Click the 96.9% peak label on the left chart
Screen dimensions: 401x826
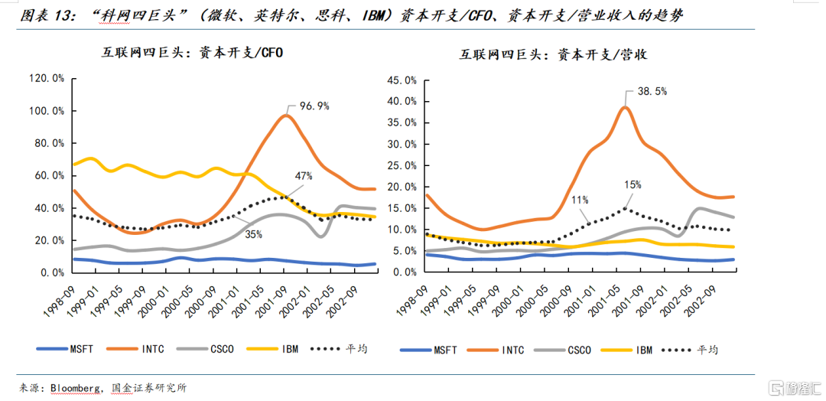(314, 106)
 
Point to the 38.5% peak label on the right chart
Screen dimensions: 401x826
(652, 91)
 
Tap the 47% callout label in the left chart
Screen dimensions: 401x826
(303, 176)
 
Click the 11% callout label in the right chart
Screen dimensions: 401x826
(580, 200)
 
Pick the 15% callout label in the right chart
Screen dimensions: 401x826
(632, 185)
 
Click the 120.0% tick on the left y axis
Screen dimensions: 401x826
(47, 78)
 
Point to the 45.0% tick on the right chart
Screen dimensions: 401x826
(402, 80)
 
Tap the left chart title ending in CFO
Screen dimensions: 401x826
(183, 52)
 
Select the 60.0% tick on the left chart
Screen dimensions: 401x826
(49, 175)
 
